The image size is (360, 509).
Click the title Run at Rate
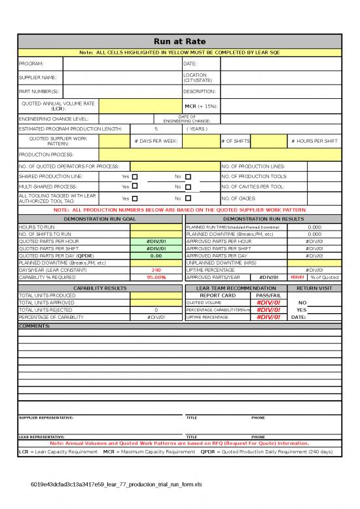179,41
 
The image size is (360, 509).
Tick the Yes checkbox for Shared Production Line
135,177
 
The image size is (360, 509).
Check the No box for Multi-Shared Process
187,187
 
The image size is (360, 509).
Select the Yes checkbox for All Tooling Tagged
135,198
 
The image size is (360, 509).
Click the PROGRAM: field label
31,64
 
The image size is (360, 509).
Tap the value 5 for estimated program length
156,129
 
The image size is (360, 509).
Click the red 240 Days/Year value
156,270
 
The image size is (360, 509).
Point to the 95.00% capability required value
156,277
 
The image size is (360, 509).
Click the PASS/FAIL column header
268,295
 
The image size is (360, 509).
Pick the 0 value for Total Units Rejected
156,310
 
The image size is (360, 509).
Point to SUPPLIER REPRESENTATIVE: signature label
46,417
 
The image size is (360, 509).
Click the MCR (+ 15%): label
200,105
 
